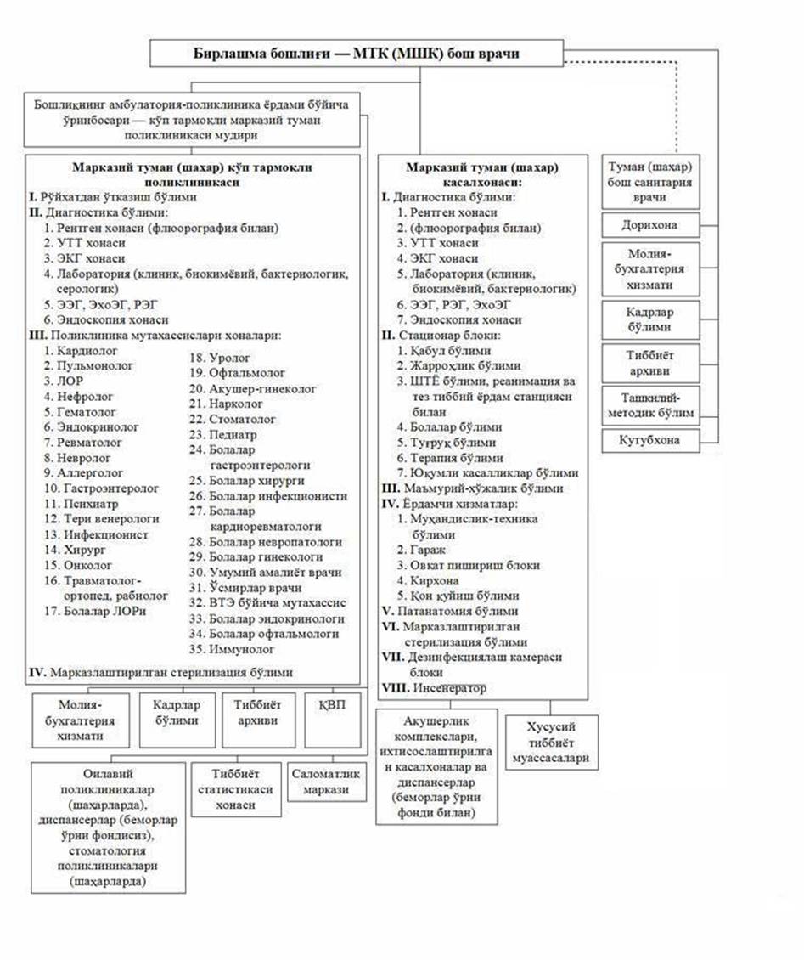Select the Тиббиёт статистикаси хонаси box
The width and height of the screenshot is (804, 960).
[x=236, y=789]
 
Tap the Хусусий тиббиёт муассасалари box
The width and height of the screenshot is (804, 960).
[x=551, y=743]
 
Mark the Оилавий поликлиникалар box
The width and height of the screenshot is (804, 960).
[x=108, y=826]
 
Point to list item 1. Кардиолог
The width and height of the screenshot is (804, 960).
[x=82, y=350]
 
